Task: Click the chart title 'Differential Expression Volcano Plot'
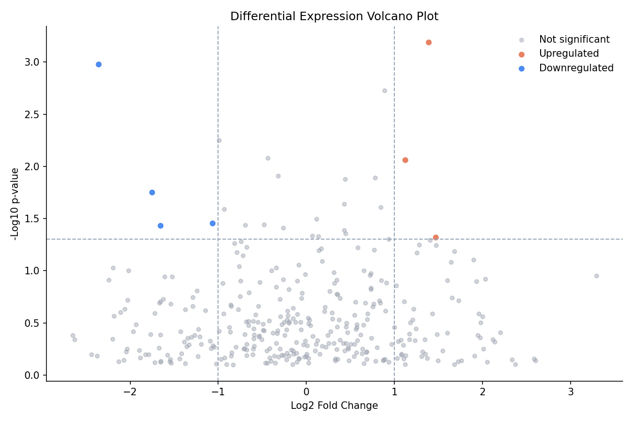click(x=334, y=16)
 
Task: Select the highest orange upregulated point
click(x=429, y=42)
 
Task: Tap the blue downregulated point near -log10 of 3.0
click(x=98, y=64)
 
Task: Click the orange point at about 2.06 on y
click(x=405, y=160)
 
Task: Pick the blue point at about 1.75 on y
click(x=152, y=192)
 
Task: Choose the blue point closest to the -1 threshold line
click(x=212, y=223)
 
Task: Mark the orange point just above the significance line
click(x=436, y=237)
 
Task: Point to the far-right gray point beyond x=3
click(x=596, y=276)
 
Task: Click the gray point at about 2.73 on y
click(x=384, y=90)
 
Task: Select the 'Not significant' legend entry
click(x=574, y=40)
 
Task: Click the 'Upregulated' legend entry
click(x=569, y=54)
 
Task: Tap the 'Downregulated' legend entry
click(x=576, y=68)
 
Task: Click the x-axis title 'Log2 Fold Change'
click(x=334, y=406)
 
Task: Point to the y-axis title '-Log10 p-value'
click(x=15, y=204)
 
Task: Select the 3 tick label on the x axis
click(x=571, y=392)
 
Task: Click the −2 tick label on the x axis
click(x=130, y=392)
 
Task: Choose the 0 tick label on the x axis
click(x=306, y=392)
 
